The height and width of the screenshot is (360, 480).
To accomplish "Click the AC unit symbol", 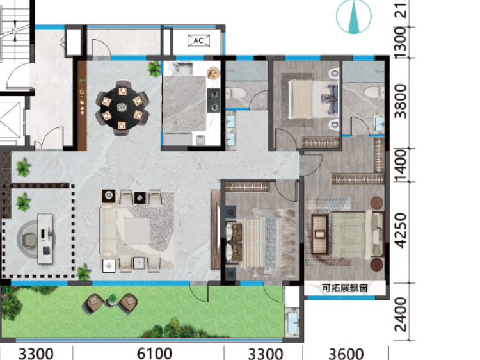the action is (198, 40).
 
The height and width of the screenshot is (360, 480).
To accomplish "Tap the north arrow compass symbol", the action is (353, 16).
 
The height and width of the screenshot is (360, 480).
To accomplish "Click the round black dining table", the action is (122, 108).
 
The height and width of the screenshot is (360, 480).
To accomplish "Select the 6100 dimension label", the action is (154, 354).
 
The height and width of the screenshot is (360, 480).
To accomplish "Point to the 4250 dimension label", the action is (401, 231).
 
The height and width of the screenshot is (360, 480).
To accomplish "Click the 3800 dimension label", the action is (401, 101).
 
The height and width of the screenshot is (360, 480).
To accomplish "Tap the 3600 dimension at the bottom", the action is (346, 354).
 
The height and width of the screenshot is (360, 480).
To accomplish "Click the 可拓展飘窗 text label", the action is (345, 288).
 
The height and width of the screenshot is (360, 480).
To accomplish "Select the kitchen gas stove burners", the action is (214, 100).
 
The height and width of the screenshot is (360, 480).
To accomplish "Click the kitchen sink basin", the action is (183, 69).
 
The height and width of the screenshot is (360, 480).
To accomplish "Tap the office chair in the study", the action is (30, 240).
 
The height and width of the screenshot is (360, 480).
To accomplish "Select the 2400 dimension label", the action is (401, 315).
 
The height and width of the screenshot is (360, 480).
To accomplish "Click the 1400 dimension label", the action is (401, 165).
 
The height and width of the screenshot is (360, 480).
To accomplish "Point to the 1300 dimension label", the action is (401, 43).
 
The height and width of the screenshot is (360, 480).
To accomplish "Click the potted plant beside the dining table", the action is (154, 69).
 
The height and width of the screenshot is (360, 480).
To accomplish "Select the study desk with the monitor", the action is (45, 239).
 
